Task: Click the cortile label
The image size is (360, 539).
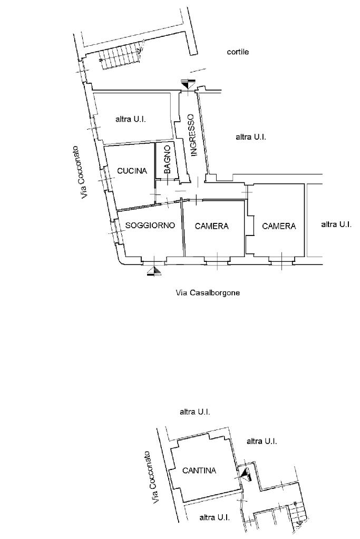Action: point(238,52)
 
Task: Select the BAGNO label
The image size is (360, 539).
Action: point(167,160)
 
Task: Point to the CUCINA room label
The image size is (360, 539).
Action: point(132,171)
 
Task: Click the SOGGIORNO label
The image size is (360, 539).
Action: point(150,226)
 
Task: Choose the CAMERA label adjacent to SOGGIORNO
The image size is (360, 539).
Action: point(211,226)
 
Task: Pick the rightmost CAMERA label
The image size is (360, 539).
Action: point(279,226)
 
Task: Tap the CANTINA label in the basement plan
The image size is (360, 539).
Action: point(199,471)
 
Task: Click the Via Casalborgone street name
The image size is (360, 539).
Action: point(208,293)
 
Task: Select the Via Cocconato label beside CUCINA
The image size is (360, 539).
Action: point(83,172)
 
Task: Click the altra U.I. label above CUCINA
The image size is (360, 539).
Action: point(130,120)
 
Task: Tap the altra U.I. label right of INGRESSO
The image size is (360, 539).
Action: point(250,137)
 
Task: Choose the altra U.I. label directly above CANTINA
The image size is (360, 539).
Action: point(195,412)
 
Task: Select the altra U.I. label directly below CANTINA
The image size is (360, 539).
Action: point(214,518)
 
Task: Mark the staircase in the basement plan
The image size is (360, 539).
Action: point(298,513)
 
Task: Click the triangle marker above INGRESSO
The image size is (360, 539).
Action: point(188,84)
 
